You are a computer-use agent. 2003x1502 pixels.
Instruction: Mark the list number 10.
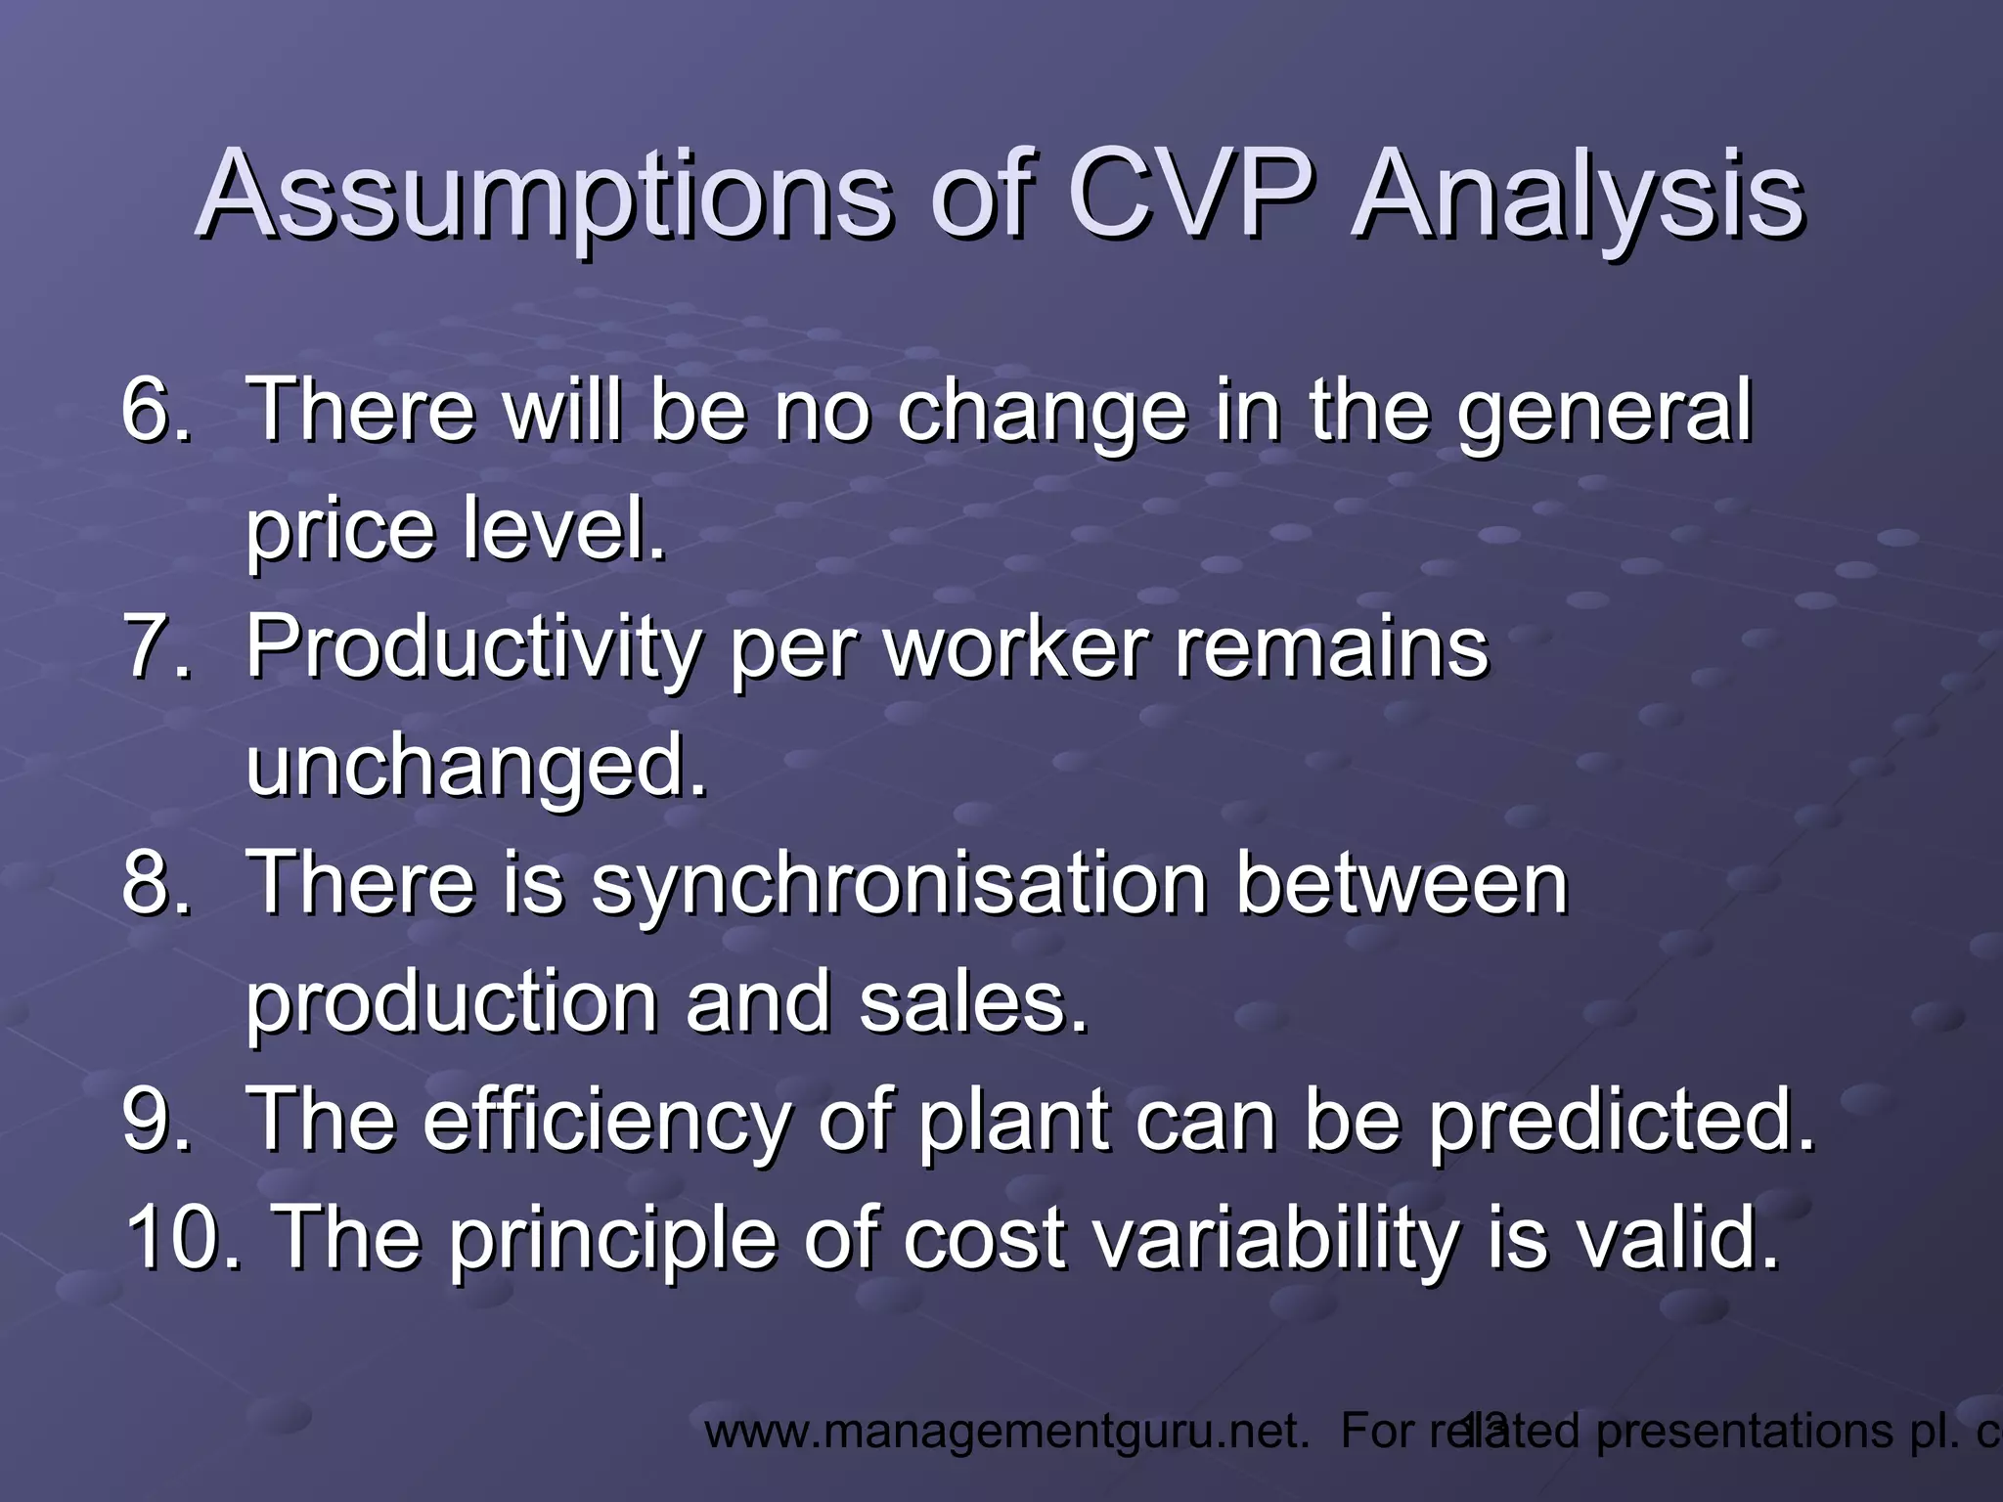[x=182, y=1238]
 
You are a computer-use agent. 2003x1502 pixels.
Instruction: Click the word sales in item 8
[x=972, y=1003]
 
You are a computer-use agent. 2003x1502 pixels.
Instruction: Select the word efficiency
[x=606, y=1121]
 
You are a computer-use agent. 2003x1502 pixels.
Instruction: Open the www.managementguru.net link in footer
[x=1007, y=1432]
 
